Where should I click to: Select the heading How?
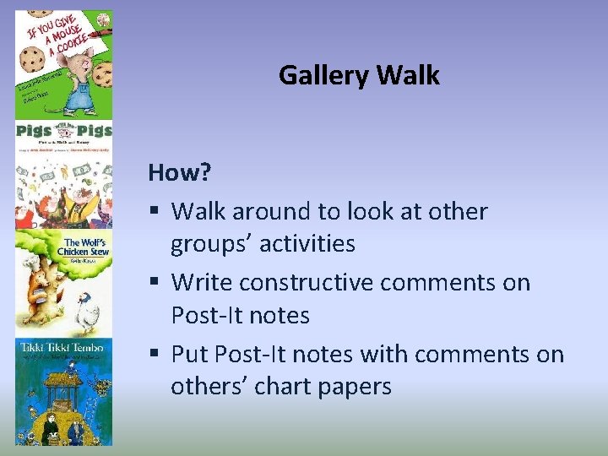[x=179, y=172]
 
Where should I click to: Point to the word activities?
[x=306, y=244]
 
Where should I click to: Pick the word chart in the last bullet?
[x=280, y=387]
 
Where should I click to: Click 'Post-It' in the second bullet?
[x=206, y=316]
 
